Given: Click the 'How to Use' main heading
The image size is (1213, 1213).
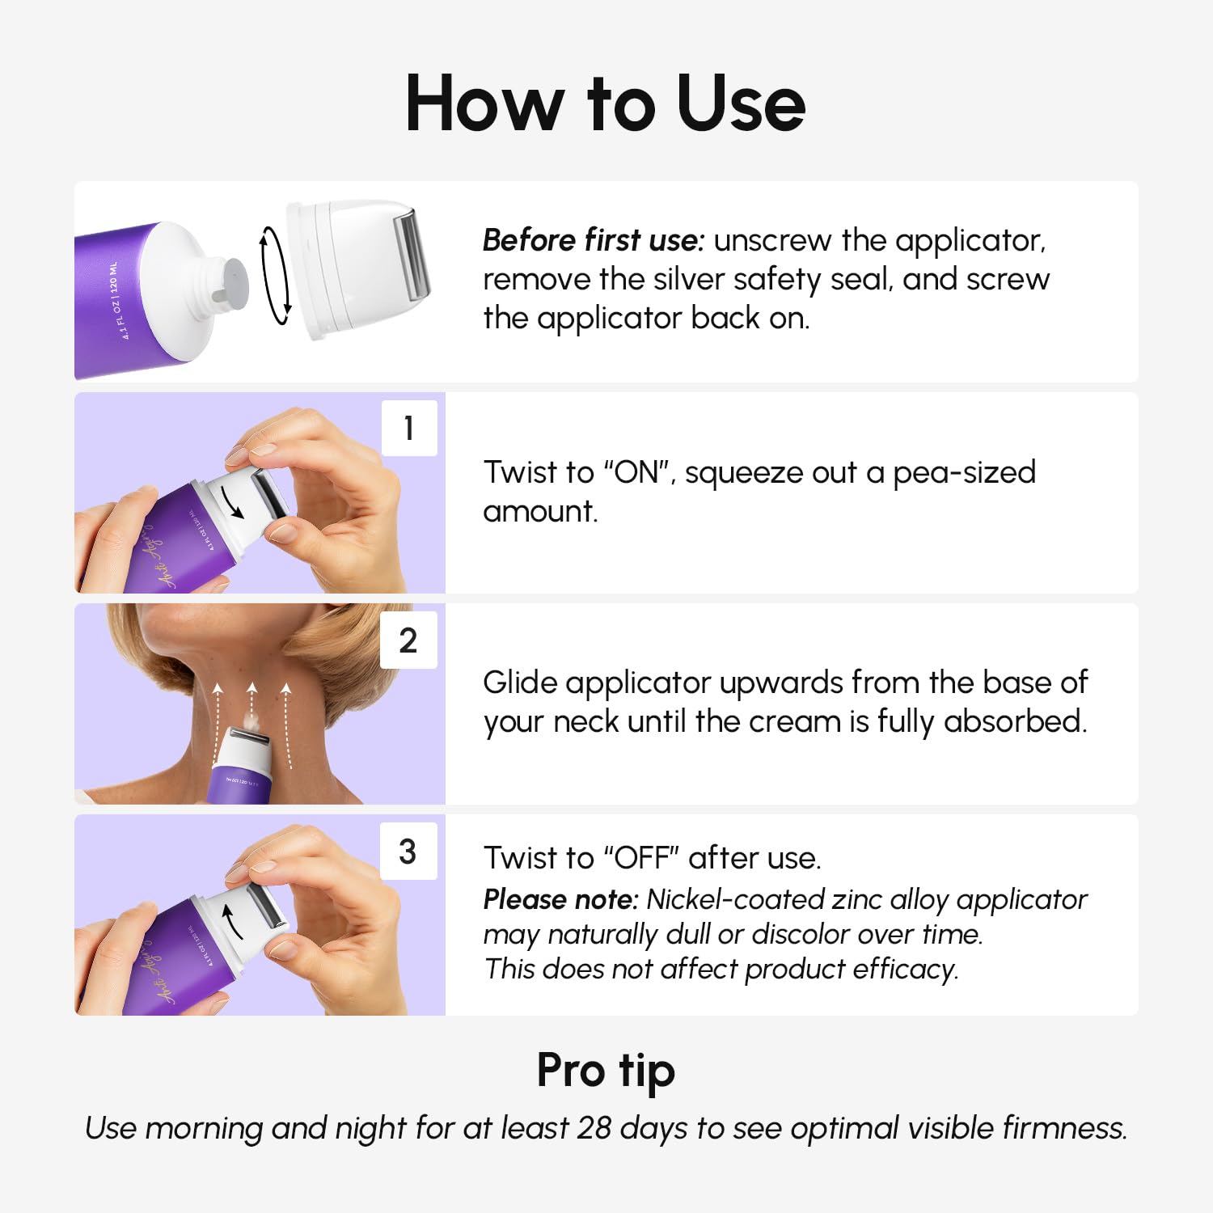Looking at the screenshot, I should pos(605,104).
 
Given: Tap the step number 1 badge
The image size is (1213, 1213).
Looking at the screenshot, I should pos(409,428).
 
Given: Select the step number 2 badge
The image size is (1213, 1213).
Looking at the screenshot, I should pos(408,640).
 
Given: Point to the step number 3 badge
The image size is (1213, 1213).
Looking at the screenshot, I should pos(408,852).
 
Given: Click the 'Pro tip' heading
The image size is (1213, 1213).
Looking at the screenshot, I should pos(606,1071).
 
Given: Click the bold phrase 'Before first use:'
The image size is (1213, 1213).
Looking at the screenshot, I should pos(594,241).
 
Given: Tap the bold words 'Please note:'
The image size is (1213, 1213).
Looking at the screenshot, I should pos(560,899).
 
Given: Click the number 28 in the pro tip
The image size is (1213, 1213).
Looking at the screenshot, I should pos(594,1128).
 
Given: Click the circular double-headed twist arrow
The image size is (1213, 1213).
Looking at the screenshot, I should pos(275,276).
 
